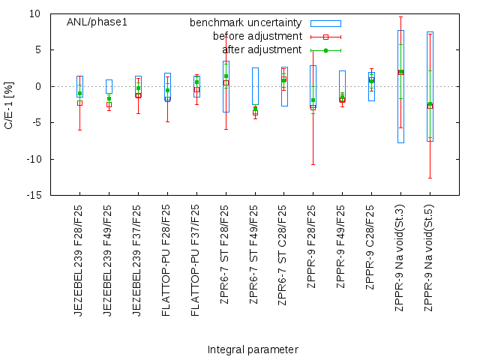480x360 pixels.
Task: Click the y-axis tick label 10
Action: pyautogui.click(x=35, y=13)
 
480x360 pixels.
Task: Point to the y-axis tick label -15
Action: pyautogui.click(x=34, y=195)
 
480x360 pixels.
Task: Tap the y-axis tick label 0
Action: pyautogui.click(x=38, y=86)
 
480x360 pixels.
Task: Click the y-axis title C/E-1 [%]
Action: pyautogui.click(x=9, y=104)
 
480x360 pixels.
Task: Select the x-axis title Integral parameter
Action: pyautogui.click(x=253, y=349)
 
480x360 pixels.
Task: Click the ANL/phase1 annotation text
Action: pyautogui.click(x=97, y=22)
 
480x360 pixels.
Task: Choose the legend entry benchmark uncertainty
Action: pyautogui.click(x=246, y=23)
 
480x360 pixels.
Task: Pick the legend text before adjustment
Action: pyautogui.click(x=257, y=37)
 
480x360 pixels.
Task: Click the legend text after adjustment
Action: pyautogui.click(x=262, y=50)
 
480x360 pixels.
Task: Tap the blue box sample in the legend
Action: pyautogui.click(x=325, y=23)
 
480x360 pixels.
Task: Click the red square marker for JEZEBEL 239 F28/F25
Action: pyautogui.click(x=79, y=103)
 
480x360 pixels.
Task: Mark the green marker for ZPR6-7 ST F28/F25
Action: pyautogui.click(x=226, y=76)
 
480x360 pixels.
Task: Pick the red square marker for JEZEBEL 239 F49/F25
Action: pyautogui.click(x=109, y=105)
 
